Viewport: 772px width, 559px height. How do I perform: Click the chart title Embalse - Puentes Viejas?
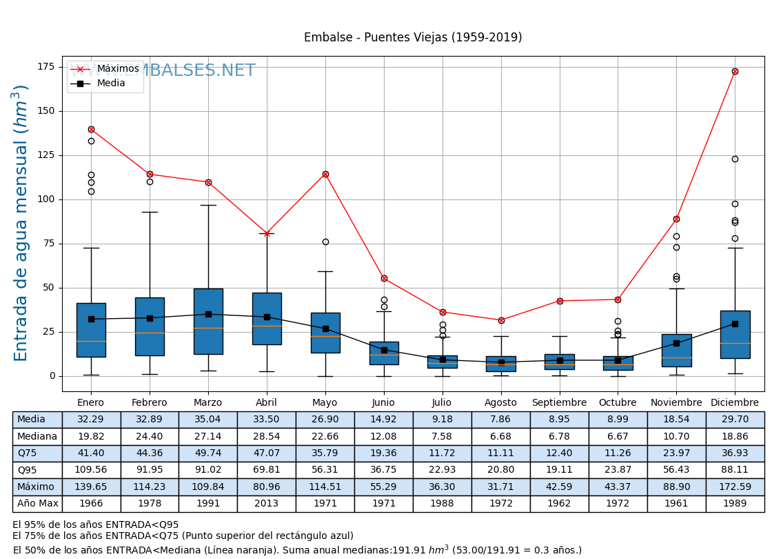pyautogui.click(x=413, y=38)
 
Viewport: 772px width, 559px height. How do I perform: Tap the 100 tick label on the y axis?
pyautogui.click(x=46, y=199)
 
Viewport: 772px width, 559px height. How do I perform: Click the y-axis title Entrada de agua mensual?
pyautogui.click(x=21, y=223)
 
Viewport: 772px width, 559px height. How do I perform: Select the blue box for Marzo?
pyautogui.click(x=208, y=322)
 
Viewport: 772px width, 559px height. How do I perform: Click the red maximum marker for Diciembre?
pyautogui.click(x=735, y=71)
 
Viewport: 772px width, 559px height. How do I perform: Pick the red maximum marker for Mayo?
pyautogui.click(x=325, y=174)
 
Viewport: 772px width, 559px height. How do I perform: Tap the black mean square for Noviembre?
pyautogui.click(x=676, y=343)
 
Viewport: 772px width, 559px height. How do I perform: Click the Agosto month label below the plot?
pyautogui.click(x=501, y=402)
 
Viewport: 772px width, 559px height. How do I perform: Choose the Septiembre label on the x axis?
pyautogui.click(x=560, y=402)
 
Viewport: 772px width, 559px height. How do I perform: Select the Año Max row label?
pyautogui.click(x=37, y=504)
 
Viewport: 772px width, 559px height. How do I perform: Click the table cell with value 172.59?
pyautogui.click(x=735, y=487)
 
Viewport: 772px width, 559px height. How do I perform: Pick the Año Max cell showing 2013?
pyautogui.click(x=267, y=504)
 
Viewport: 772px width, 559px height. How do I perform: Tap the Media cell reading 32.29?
pyautogui.click(x=91, y=420)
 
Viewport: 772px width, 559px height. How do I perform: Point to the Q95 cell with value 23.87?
pyautogui.click(x=618, y=470)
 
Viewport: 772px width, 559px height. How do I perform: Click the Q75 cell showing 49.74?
pyautogui.click(x=208, y=453)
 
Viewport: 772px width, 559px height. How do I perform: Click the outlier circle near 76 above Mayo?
pyautogui.click(x=325, y=242)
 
